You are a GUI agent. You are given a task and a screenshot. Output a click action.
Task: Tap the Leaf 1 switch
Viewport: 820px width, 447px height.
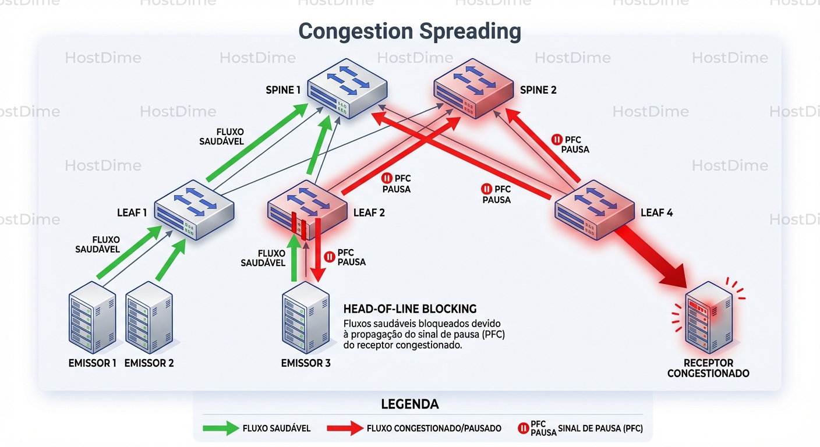click(x=194, y=210)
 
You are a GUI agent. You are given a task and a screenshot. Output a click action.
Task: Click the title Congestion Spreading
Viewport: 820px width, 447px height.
click(x=409, y=31)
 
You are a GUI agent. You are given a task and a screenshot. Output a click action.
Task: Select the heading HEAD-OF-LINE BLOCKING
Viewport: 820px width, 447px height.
click(x=410, y=309)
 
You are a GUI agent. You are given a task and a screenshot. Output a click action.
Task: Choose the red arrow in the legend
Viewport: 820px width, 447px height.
click(x=345, y=428)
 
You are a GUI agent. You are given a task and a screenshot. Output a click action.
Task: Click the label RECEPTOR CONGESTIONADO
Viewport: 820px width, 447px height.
click(x=708, y=368)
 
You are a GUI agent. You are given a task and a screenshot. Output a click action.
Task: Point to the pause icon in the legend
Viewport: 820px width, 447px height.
click(x=523, y=428)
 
